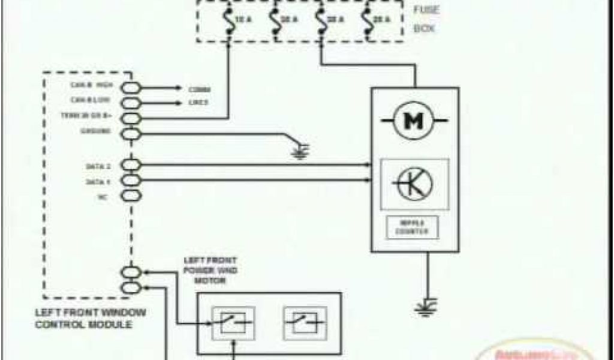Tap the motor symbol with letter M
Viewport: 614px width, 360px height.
coord(412,121)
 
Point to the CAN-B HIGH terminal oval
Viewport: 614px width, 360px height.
coord(131,88)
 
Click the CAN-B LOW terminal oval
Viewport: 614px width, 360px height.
coord(131,103)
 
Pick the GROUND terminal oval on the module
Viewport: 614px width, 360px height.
coord(131,133)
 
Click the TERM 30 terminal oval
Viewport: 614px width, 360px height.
coord(131,118)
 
